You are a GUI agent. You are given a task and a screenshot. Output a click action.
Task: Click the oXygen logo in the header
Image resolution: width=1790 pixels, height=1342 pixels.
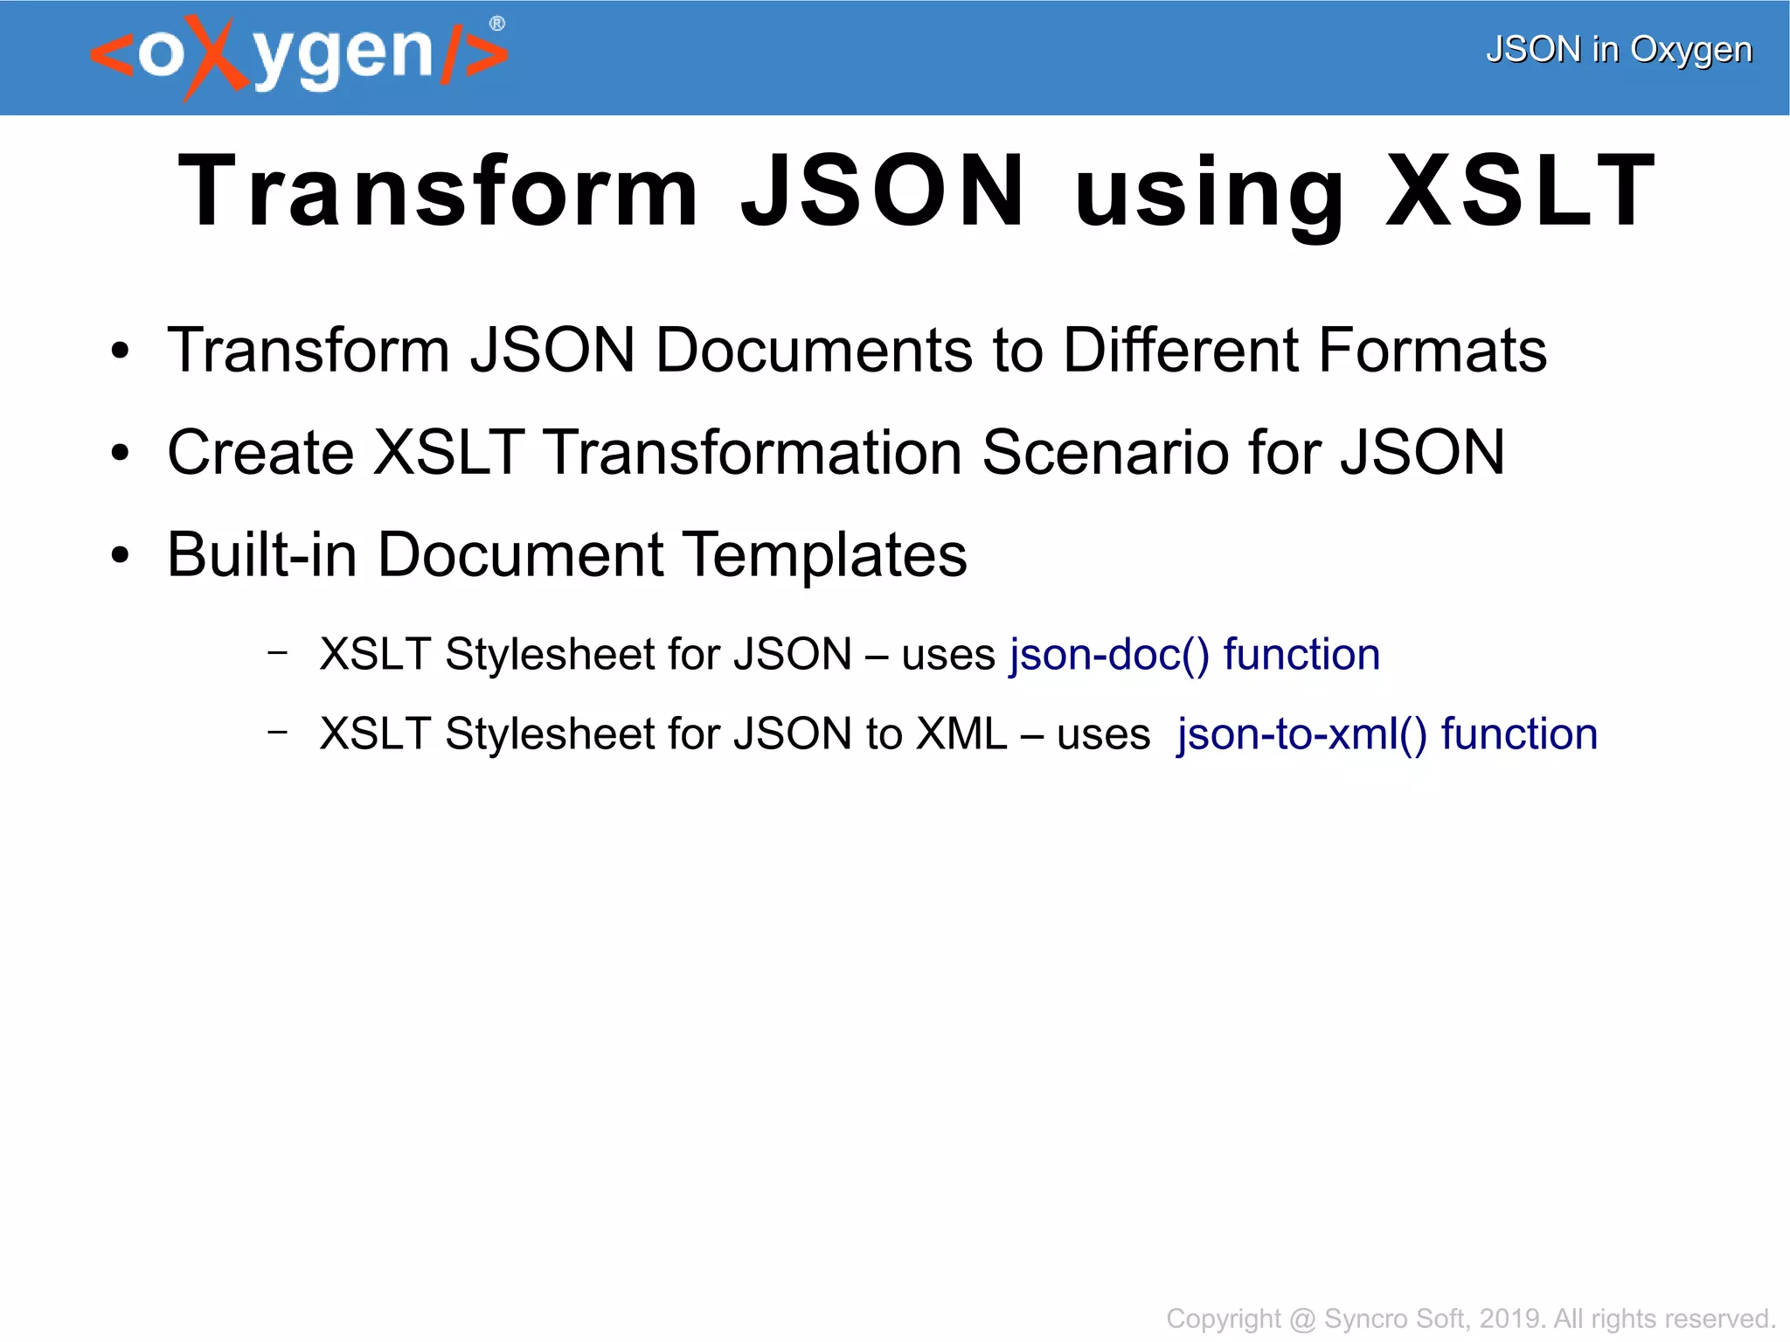click(x=297, y=55)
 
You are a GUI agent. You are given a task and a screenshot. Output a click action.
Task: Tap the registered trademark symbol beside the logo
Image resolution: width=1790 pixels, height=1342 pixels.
click(x=496, y=24)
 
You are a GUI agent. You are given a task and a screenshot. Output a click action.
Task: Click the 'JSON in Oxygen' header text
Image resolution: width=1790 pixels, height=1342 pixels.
click(x=1619, y=50)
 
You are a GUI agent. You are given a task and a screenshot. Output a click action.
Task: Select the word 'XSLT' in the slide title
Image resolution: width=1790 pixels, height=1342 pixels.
click(x=1521, y=191)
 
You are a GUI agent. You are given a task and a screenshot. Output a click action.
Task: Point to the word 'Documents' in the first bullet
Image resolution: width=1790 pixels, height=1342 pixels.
click(x=814, y=350)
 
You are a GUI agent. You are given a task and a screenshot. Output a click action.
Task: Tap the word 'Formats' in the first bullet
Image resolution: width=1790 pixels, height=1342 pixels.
click(x=1433, y=350)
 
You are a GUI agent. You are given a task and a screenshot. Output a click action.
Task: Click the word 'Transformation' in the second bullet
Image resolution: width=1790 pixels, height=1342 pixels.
click(x=753, y=452)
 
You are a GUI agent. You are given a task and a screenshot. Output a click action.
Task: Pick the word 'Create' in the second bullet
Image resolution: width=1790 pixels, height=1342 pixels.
click(x=260, y=452)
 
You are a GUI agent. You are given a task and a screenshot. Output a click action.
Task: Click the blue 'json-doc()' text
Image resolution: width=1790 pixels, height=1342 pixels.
click(x=1109, y=655)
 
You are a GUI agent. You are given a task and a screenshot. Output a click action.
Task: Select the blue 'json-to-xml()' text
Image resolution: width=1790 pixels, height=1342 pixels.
click(x=1301, y=734)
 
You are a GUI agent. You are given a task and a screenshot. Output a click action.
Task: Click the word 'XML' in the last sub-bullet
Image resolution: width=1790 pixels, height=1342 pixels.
click(x=961, y=734)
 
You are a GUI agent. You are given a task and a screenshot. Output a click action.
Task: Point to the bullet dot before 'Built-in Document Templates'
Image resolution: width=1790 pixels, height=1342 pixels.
click(x=120, y=555)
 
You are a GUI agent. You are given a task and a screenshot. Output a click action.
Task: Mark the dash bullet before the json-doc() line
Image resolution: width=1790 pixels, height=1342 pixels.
click(x=278, y=651)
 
